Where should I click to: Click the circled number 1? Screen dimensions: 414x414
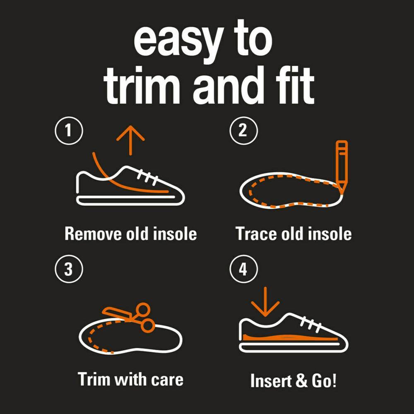[x=69, y=130]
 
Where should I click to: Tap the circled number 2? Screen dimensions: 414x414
[x=243, y=130]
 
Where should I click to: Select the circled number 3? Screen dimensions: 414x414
[x=69, y=269]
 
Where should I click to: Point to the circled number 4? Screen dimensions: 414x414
[x=243, y=269]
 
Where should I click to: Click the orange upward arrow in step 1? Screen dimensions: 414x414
[x=130, y=140]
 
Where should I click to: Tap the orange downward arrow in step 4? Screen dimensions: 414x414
[x=265, y=302]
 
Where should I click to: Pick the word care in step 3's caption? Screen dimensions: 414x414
[x=167, y=380]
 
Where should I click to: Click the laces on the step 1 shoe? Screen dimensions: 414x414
[x=147, y=175]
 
